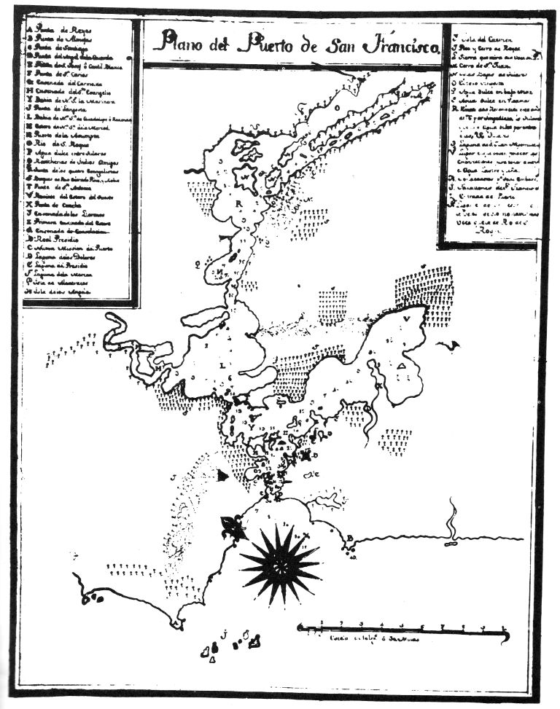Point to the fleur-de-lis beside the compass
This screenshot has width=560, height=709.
coord(233,525)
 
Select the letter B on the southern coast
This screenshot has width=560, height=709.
coord(351,538)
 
